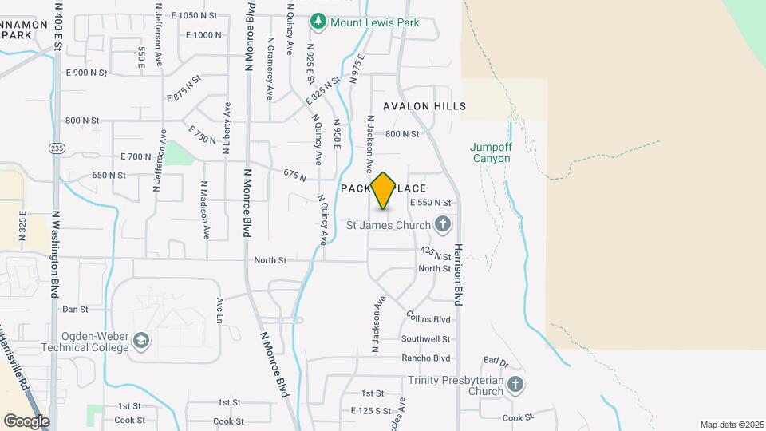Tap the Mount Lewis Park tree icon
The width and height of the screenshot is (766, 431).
click(x=319, y=22)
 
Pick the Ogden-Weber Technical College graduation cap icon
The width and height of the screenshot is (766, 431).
click(x=141, y=341)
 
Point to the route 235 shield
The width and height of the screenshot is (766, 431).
click(x=56, y=148)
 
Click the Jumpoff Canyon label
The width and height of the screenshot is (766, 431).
click(x=490, y=152)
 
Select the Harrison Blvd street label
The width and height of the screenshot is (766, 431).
click(x=459, y=274)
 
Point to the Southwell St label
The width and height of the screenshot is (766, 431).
click(x=426, y=339)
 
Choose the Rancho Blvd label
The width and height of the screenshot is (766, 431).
click(x=426, y=358)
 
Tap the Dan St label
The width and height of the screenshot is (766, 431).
click(x=75, y=309)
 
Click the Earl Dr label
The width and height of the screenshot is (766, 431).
click(x=496, y=364)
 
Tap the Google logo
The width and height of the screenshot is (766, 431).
click(x=26, y=421)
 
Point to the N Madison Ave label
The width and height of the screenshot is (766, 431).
click(x=205, y=209)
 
